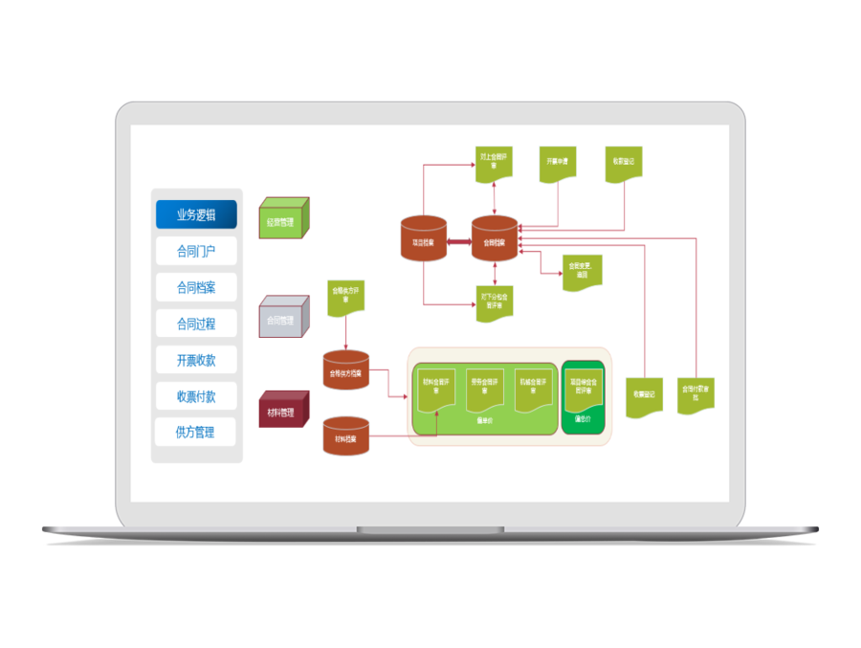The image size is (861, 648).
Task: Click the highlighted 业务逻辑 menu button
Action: (x=196, y=214)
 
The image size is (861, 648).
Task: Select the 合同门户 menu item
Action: (x=196, y=252)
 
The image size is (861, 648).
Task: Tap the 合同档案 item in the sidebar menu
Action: (x=196, y=287)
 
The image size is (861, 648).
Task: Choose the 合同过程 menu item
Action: (x=196, y=324)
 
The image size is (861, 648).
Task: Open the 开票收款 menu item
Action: (x=196, y=360)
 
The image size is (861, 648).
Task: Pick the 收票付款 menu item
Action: (x=196, y=396)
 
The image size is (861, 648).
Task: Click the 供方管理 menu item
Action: (x=196, y=432)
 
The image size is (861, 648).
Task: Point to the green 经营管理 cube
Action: (x=284, y=220)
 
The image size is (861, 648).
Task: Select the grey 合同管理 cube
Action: (x=284, y=319)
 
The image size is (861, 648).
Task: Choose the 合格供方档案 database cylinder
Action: (x=346, y=370)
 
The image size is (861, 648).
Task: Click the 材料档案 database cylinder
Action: (x=346, y=436)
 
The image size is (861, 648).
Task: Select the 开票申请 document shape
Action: (x=558, y=164)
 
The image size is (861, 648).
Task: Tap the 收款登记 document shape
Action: (x=624, y=164)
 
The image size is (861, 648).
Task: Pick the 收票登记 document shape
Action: (x=645, y=394)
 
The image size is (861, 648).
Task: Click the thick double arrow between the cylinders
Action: (x=459, y=241)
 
